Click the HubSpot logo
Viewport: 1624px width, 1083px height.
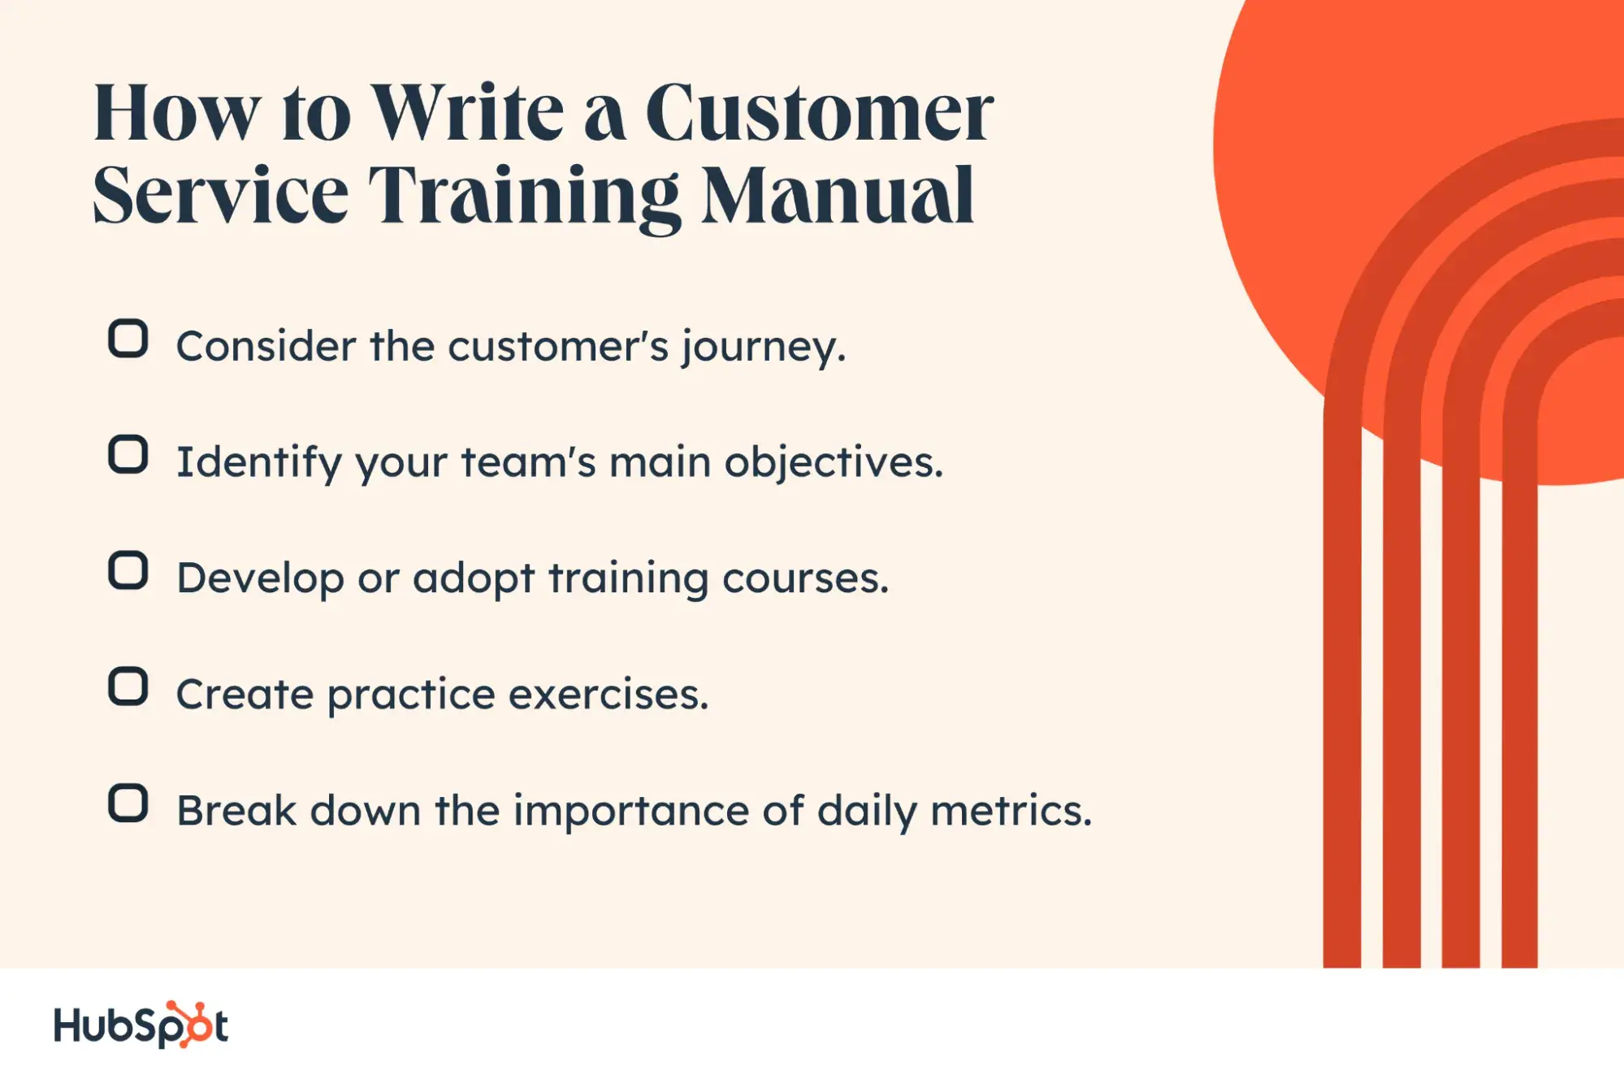141,1025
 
